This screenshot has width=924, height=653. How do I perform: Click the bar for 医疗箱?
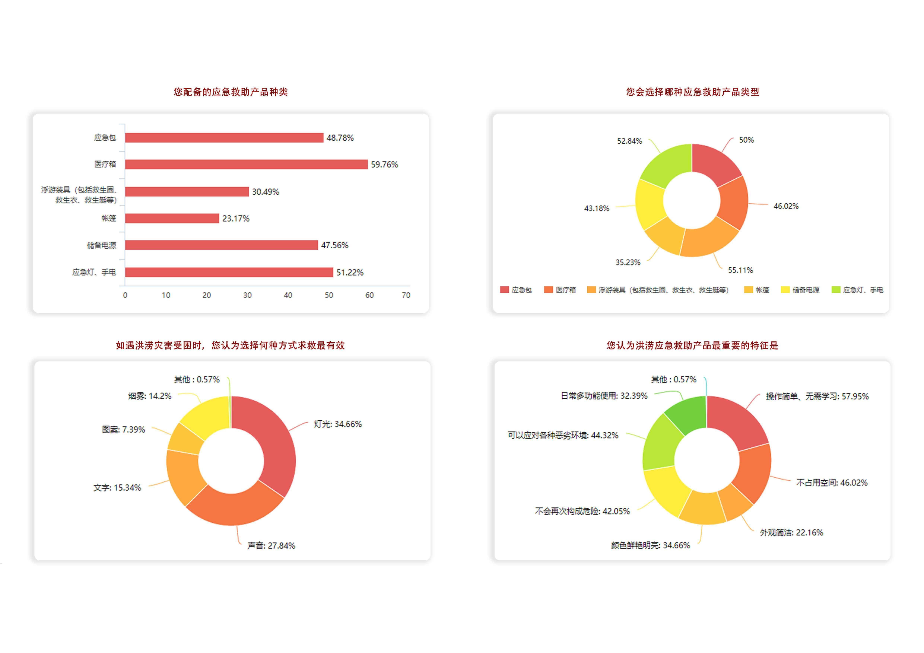[246, 164]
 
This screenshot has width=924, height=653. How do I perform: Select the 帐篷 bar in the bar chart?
[172, 218]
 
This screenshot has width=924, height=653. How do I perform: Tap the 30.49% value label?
[265, 192]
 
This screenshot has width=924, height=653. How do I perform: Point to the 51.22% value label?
[349, 273]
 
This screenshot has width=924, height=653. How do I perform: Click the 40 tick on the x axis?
[288, 295]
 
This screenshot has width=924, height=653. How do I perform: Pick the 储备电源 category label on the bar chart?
[101, 245]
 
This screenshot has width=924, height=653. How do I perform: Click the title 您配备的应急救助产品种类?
[231, 92]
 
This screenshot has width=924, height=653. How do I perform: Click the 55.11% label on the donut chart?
[740, 270]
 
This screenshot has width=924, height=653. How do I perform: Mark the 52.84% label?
[629, 141]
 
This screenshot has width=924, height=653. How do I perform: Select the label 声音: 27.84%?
[271, 545]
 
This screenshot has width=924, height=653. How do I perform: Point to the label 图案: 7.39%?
[123, 430]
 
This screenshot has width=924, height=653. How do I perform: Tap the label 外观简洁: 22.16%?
[791, 533]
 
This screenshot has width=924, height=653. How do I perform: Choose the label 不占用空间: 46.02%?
[831, 483]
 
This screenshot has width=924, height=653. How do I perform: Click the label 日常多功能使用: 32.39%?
[604, 396]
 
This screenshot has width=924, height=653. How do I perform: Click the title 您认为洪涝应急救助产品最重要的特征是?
[692, 345]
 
